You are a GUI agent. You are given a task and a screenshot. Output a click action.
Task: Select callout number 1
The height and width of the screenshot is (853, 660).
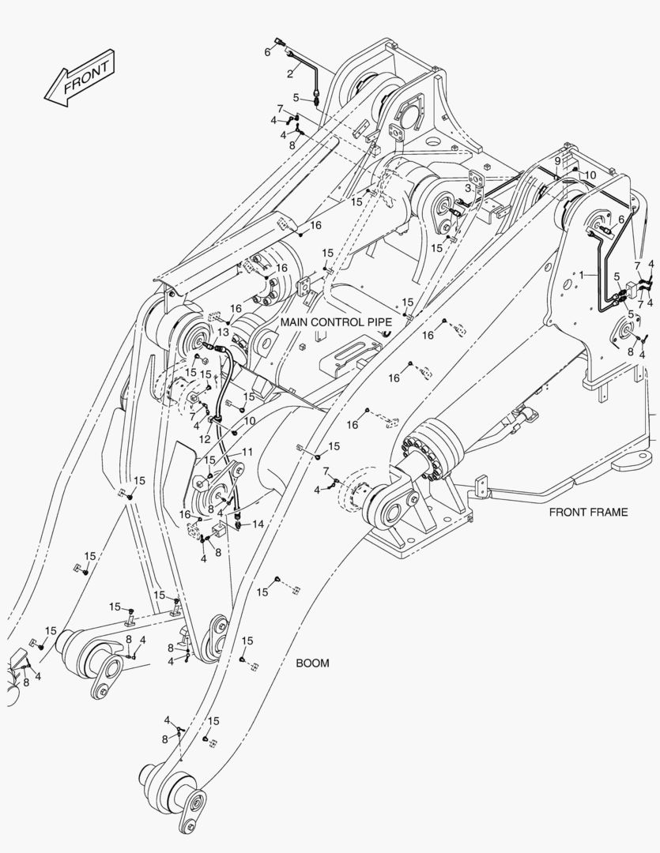pos(583,275)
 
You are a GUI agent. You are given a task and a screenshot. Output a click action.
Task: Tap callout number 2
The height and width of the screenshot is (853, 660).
pos(290,73)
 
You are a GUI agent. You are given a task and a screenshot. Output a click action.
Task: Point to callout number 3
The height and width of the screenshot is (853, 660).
pos(468,188)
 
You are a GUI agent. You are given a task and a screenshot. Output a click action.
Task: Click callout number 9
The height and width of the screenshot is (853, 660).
pos(556,161)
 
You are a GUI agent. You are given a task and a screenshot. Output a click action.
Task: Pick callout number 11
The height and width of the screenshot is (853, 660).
pos(247,452)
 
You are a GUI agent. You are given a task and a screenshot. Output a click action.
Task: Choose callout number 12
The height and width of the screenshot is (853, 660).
pos(205,438)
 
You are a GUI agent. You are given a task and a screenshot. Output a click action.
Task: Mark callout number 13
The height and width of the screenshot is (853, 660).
pos(223,332)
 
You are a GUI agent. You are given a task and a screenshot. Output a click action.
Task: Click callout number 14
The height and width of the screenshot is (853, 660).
pos(258,524)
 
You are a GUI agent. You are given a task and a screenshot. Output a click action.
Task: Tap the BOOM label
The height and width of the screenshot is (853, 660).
pos(312,663)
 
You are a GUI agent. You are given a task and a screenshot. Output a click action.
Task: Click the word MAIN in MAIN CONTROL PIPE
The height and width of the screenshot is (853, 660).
pos(294,323)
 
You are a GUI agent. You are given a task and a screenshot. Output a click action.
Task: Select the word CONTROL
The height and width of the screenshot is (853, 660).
pos(338,323)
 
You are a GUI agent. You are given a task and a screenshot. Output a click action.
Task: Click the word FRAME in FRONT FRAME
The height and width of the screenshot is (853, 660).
pos(608,512)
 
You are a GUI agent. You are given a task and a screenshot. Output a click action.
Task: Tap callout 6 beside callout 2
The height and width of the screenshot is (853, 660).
pos(267,51)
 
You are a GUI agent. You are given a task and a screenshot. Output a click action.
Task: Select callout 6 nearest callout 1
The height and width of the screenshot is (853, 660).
pos(621,220)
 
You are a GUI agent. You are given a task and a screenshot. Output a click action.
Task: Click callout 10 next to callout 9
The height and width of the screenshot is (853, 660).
pos(590,174)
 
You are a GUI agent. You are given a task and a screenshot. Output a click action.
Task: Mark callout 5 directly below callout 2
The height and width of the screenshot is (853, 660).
pos(296,98)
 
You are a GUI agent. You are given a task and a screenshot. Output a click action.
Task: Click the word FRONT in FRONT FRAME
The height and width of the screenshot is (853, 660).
pos(567,512)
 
